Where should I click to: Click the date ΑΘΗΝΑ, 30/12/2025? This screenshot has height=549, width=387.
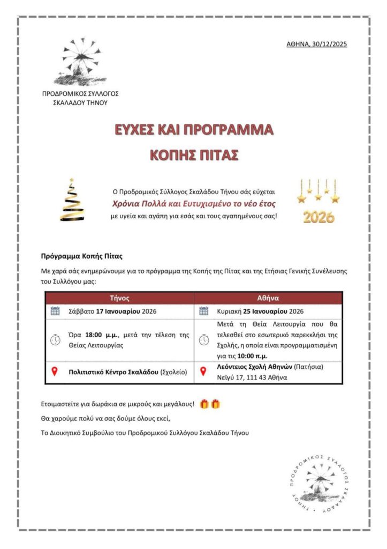click(x=316, y=44)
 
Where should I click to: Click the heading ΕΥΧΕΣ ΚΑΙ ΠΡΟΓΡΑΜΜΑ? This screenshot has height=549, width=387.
click(x=194, y=130)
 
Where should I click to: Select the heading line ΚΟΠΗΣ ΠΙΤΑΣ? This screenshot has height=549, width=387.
click(x=194, y=155)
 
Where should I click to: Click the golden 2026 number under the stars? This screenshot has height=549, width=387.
click(x=318, y=217)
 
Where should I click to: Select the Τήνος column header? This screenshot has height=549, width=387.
click(x=119, y=298)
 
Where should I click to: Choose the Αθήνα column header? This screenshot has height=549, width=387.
click(x=268, y=298)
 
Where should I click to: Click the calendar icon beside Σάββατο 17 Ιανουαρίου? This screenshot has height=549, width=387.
click(x=55, y=311)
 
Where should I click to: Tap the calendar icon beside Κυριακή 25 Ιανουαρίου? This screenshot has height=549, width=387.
click(x=203, y=311)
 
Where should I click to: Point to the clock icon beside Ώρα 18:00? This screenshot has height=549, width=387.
click(x=55, y=340)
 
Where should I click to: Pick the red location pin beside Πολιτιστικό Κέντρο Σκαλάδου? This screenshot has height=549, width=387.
click(x=54, y=372)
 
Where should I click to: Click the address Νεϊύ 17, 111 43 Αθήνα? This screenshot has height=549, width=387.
click(x=252, y=377)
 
